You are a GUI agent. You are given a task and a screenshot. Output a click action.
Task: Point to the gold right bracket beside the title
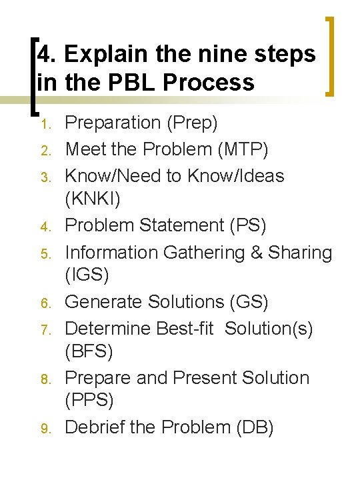click(327, 57)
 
